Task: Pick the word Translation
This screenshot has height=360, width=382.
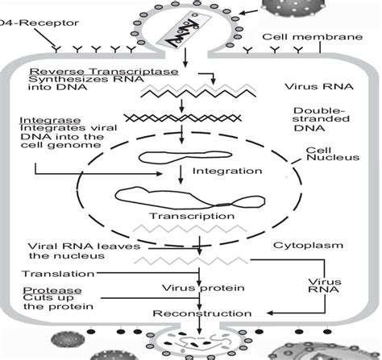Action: (x=55, y=274)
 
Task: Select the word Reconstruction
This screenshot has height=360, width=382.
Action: (x=197, y=312)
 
